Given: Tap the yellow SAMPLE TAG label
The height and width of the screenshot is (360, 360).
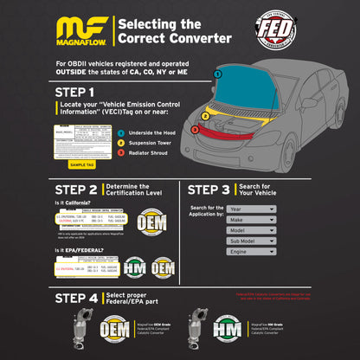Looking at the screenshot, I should (x=82, y=164).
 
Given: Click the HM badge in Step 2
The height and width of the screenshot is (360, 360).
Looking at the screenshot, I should (x=134, y=267).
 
